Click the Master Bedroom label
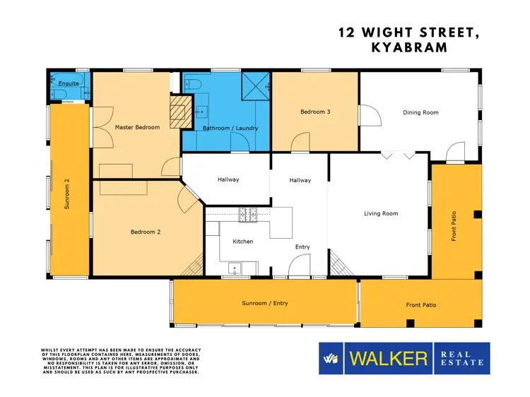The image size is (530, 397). pyautogui.click(x=137, y=127)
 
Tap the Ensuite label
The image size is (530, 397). pyautogui.click(x=69, y=83)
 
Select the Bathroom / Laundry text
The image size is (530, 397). pyautogui.click(x=230, y=128)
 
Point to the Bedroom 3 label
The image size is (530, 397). pyautogui.click(x=314, y=112)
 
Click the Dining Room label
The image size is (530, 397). pyautogui.click(x=420, y=112)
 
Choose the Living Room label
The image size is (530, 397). pyautogui.click(x=381, y=213)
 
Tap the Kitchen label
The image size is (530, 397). pyautogui.click(x=243, y=242)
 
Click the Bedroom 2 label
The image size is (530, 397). pyautogui.click(x=145, y=231)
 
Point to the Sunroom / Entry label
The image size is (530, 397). pyautogui.click(x=264, y=303)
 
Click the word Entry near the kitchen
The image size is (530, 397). pyautogui.click(x=302, y=247)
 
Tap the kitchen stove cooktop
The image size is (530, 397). pyautogui.click(x=248, y=213)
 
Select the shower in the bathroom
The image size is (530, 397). pyautogui.click(x=255, y=88)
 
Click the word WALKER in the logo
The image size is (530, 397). pyautogui.click(x=387, y=358)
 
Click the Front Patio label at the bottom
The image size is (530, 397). pyautogui.click(x=420, y=305)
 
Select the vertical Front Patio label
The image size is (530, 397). pyautogui.click(x=454, y=226)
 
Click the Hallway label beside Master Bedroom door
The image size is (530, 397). pyautogui.click(x=228, y=179)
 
